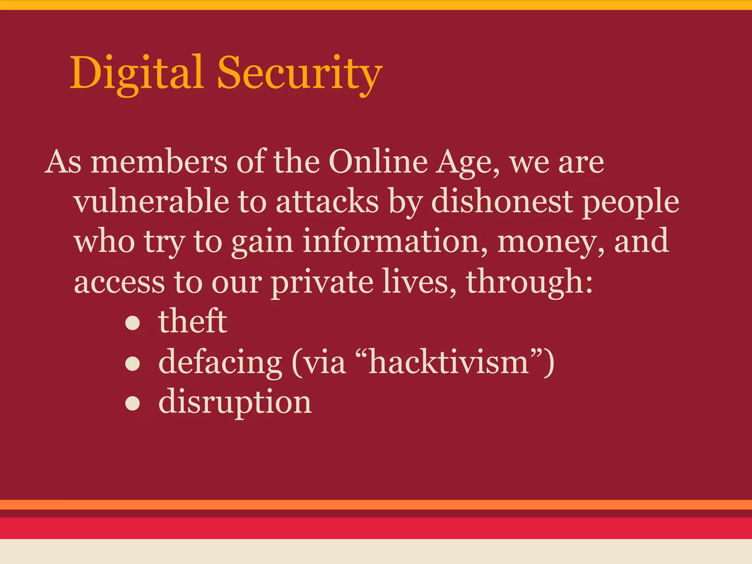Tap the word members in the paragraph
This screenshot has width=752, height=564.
point(159,162)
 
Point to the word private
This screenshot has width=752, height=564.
point(322,283)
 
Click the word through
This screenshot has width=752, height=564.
point(529,283)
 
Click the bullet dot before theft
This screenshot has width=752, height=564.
point(133,323)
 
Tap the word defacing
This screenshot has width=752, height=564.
point(220,363)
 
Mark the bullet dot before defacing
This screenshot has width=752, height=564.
point(133,364)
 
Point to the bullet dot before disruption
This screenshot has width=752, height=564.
point(133,404)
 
